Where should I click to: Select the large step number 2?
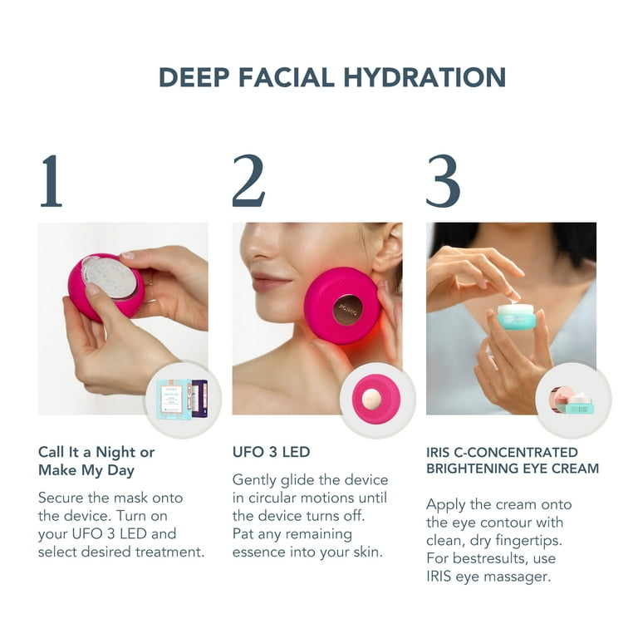[x=248, y=180]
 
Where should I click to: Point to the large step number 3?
[x=443, y=180]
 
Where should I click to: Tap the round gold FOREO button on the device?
[x=346, y=311]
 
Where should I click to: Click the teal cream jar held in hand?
[x=516, y=317]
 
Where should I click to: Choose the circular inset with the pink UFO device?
[x=377, y=399]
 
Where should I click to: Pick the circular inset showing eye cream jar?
[x=572, y=399]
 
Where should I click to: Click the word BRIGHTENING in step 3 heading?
[x=470, y=469]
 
